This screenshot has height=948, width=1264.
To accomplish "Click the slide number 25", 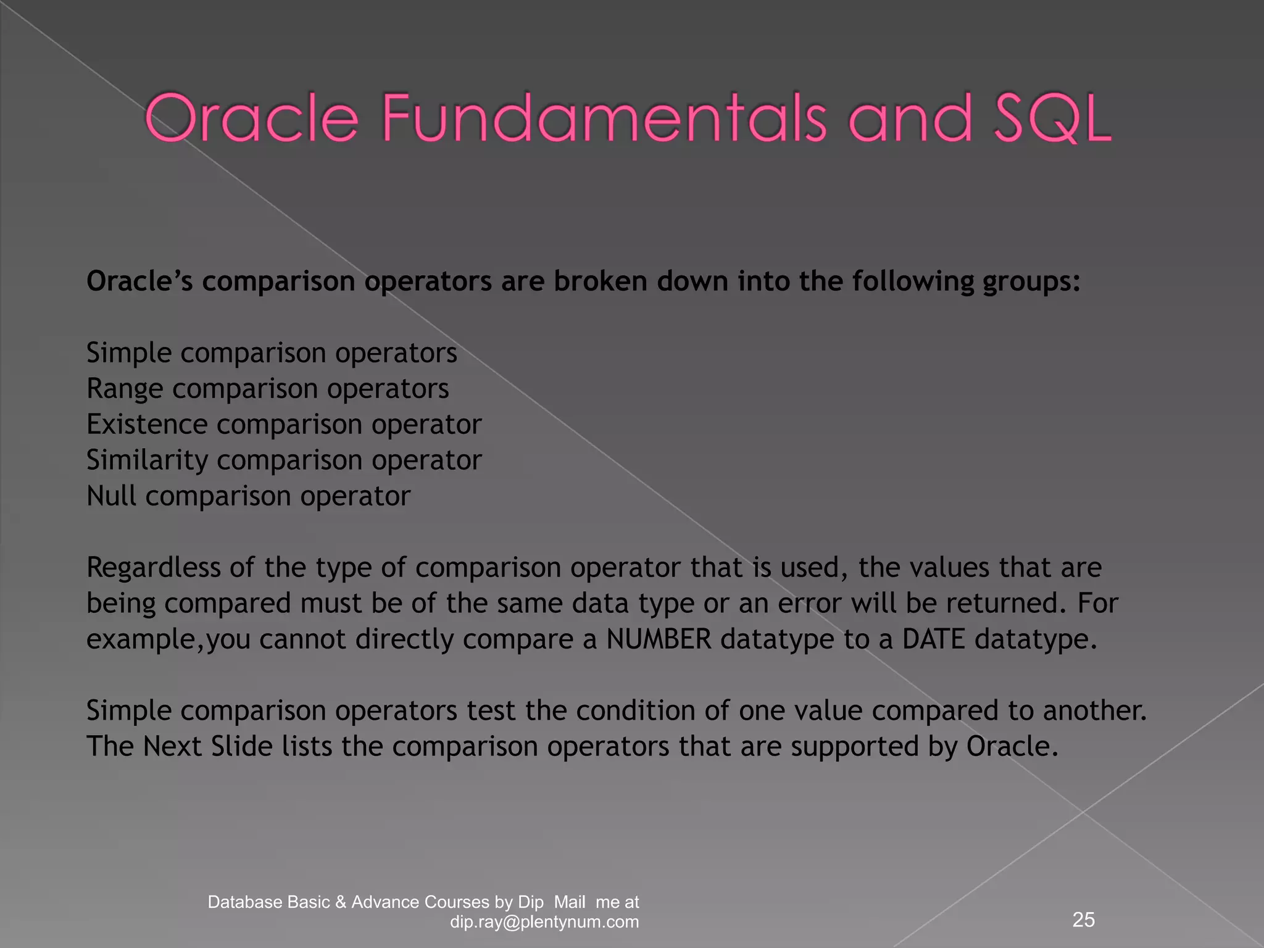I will point(1084,920).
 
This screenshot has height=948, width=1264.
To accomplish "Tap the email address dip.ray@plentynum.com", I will point(544,922).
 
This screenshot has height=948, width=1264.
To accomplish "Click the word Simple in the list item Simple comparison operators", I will point(129,354).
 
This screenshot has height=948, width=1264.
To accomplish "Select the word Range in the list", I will point(125,389).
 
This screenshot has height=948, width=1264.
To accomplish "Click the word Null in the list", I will point(111,496).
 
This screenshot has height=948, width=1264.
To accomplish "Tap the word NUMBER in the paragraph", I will point(659,639).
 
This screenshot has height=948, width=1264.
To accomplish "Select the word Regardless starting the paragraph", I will point(153,568).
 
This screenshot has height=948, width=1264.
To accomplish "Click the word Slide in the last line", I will point(241,747).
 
